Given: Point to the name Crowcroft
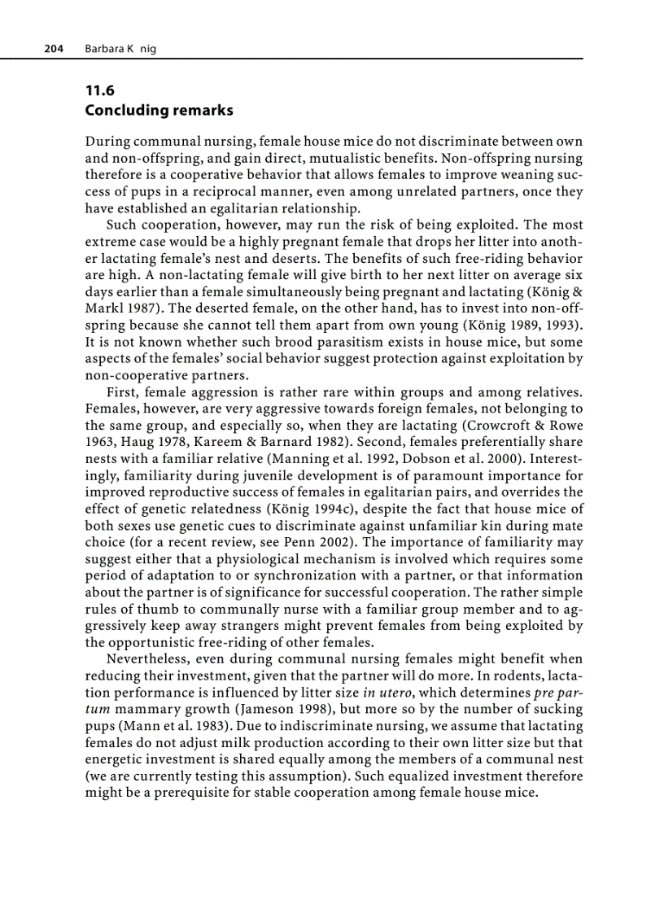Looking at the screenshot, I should click(x=505, y=426).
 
